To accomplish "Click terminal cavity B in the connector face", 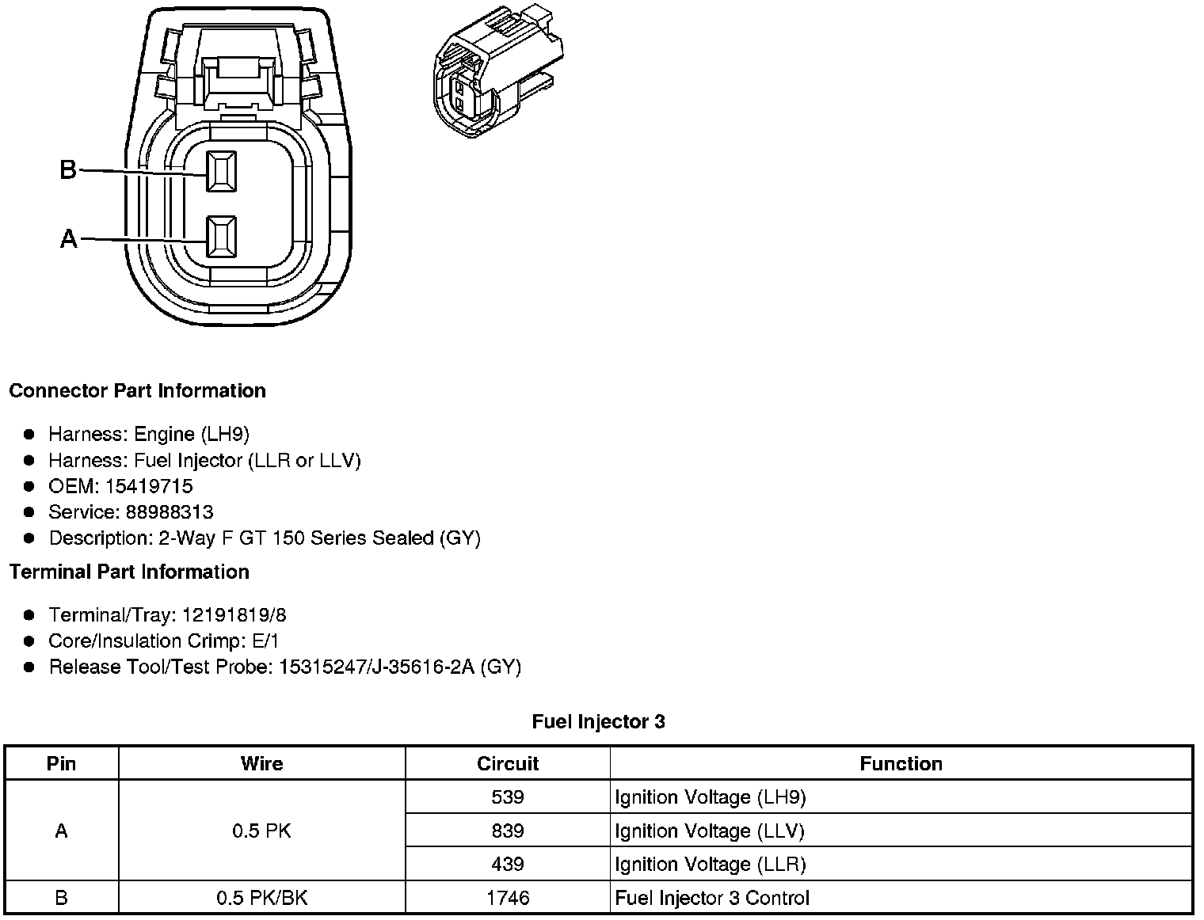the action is pyautogui.click(x=222, y=172).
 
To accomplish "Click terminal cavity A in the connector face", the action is pyautogui.click(x=222, y=237).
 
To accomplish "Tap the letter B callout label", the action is pyautogui.click(x=68, y=169).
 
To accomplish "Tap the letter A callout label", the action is pyautogui.click(x=69, y=238).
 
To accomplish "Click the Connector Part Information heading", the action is pyautogui.click(x=138, y=390).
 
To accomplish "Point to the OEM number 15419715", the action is pyautogui.click(x=149, y=486).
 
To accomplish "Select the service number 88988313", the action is pyautogui.click(x=170, y=511).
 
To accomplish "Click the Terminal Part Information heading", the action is pyautogui.click(x=129, y=572).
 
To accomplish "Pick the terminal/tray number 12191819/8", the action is pyautogui.click(x=234, y=614).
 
